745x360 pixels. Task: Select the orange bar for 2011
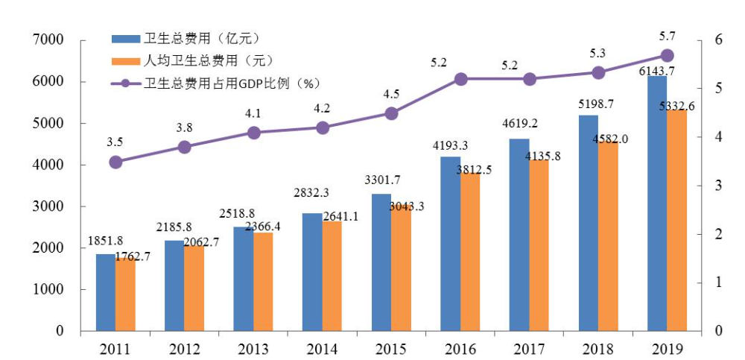125,294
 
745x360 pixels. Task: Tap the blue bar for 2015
381,262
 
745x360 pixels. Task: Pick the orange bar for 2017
539,245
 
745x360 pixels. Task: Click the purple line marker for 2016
460,79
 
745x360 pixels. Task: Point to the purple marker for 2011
115,162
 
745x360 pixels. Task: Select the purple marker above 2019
668,55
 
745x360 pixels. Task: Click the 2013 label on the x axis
253,349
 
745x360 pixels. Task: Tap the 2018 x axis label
598,349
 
